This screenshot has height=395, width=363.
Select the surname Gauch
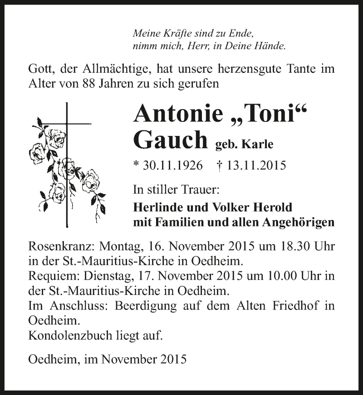coord(171,140)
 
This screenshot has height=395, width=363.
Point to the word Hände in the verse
coord(271,45)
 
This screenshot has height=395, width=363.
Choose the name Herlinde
coord(156,208)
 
